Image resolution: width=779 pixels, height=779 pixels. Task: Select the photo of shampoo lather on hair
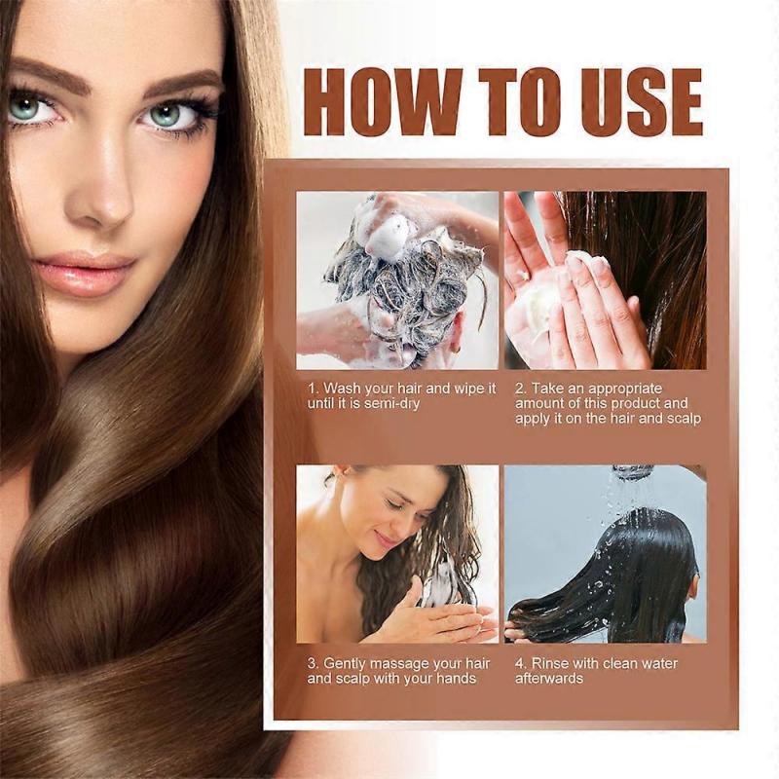[x=397, y=279]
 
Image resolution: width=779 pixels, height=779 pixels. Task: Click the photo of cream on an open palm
[x=605, y=279]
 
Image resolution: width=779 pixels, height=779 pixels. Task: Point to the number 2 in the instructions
[x=520, y=388]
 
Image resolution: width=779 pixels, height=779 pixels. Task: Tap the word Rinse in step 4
[x=551, y=663]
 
